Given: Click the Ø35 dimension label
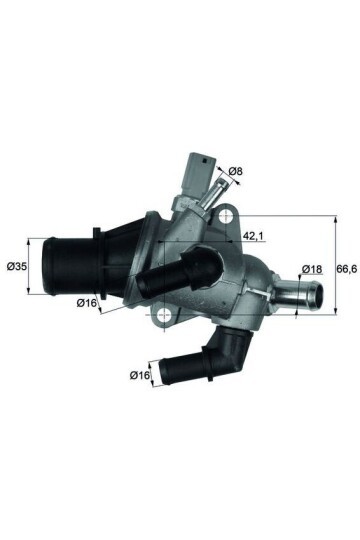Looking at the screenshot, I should pos(16,267).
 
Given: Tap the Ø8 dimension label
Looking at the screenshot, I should pos(236,173).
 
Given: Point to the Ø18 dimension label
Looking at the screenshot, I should pos(311,269).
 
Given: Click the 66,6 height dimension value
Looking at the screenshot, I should pos(344,268).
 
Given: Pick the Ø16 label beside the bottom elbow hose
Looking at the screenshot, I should pos(140,375).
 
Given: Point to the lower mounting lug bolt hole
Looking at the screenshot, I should pos(161,317).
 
